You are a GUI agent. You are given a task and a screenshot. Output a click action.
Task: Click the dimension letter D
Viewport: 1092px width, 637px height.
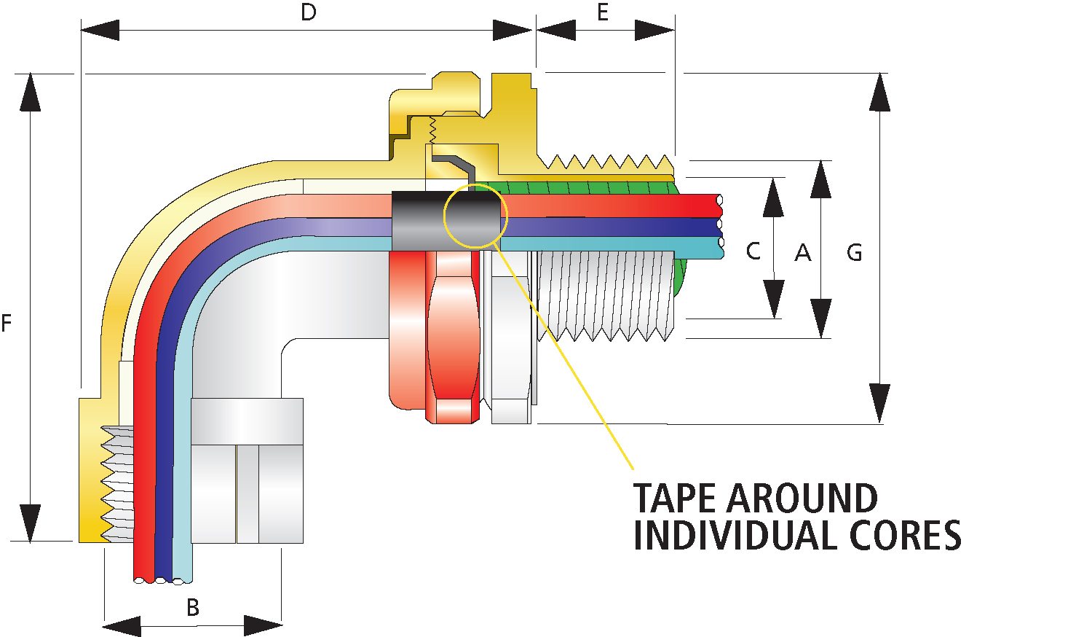point(309,13)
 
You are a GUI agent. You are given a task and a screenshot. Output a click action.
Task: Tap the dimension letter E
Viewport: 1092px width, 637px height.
point(603,12)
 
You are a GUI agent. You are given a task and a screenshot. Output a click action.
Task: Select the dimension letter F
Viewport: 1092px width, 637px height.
point(7,323)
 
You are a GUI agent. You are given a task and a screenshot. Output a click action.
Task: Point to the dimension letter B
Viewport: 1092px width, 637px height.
point(192,607)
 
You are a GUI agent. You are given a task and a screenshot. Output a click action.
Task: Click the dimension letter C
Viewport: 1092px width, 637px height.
point(753,251)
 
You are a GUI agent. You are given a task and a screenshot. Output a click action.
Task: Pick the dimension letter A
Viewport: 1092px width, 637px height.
point(802,253)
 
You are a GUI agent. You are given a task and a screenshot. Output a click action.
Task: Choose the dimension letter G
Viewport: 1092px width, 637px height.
point(855,253)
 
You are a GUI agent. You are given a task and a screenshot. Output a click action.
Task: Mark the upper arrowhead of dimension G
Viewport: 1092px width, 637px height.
point(880,91)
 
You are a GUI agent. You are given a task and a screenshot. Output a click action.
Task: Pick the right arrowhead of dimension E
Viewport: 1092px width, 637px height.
point(655,30)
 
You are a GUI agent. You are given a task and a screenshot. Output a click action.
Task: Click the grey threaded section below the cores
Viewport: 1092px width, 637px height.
point(604,295)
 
